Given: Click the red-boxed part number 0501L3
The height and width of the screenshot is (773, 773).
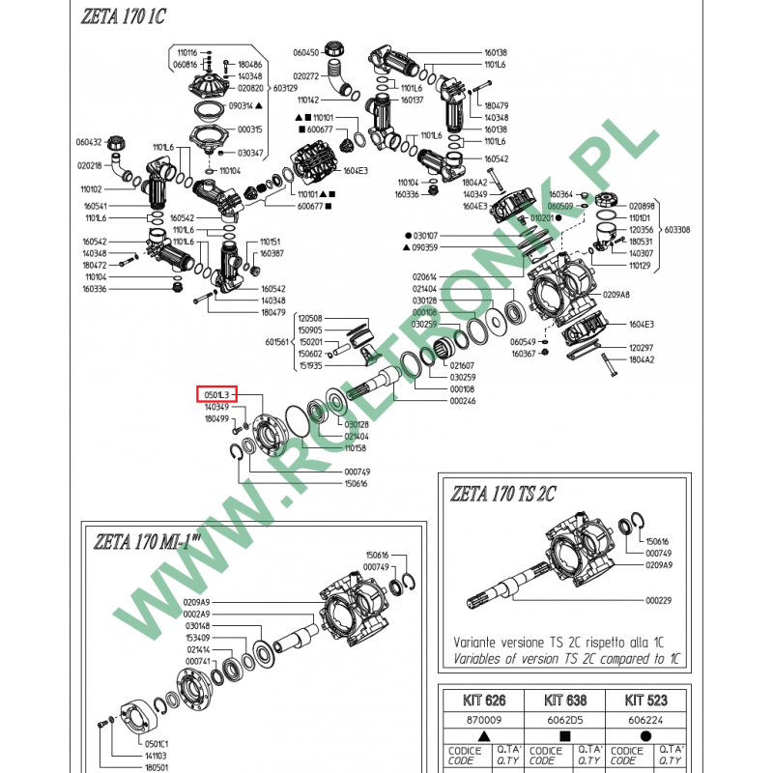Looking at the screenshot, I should tap(216, 394).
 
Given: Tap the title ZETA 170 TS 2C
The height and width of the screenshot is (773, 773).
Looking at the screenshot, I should tap(501, 494).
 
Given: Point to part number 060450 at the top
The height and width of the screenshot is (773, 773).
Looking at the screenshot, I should tap(305, 52).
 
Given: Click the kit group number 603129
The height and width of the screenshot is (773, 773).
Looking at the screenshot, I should tap(285, 88).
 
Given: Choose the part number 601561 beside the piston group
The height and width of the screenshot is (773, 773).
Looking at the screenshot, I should tap(277, 341).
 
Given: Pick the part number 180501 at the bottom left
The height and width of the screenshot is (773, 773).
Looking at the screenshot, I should tap(157, 766).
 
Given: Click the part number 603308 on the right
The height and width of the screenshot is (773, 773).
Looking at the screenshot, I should tap(678, 230).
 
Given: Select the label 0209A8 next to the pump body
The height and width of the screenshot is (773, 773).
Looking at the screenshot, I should tap(616, 294).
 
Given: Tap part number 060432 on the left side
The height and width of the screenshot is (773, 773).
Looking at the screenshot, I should tap(90, 141).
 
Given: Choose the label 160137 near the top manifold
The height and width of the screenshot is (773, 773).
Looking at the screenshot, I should tap(413, 100).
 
